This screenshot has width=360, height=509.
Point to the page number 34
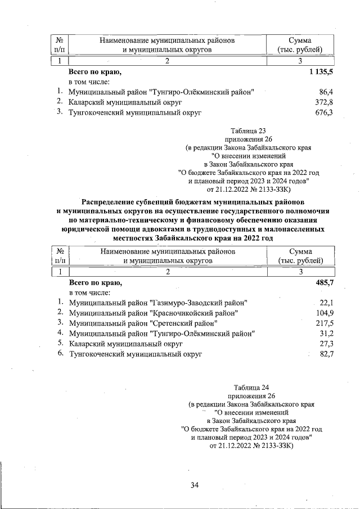pos(195,485)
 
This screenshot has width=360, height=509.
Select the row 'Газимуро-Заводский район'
pos(158,303)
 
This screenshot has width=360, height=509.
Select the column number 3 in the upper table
pos(300,61)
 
